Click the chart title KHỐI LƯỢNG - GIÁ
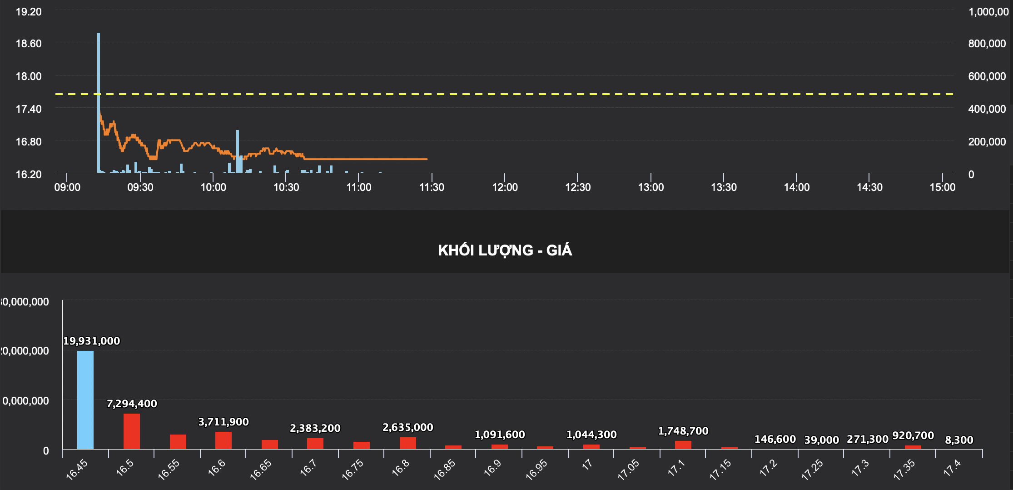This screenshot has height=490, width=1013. coord(505,250)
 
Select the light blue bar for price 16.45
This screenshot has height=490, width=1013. coord(85,400)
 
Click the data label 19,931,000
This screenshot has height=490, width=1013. coord(91,341)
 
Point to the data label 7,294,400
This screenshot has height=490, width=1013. coord(132,404)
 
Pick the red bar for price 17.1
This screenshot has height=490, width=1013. coord(683,445)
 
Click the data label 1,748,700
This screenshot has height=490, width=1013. coord(683,431)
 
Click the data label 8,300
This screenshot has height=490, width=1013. coord(959,440)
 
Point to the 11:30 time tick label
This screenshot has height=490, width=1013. coord(432,187)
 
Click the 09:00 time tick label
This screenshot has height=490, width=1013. coord(67,187)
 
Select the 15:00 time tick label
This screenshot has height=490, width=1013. coord(942,187)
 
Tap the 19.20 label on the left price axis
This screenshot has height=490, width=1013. coord(29,12)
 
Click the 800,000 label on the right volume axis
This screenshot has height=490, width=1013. coord(987,44)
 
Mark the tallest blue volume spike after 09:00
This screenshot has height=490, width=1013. coord(99,102)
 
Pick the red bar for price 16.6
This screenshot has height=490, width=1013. coord(223,440)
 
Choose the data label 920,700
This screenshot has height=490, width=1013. coord(913,435)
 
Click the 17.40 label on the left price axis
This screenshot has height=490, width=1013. coord(29,109)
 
